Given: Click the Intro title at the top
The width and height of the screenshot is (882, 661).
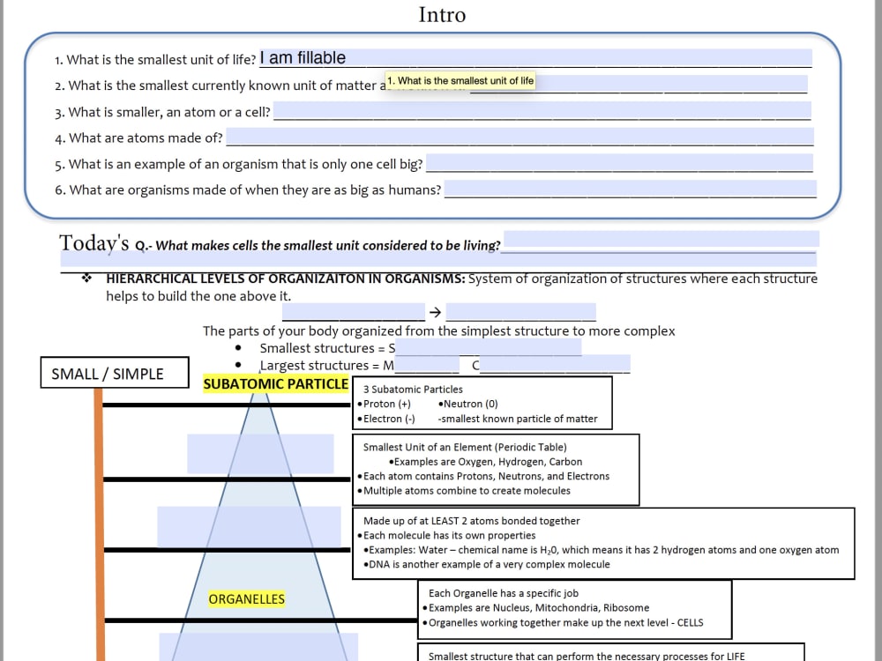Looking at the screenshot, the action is click(442, 15).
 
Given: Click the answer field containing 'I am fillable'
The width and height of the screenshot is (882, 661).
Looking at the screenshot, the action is click(535, 58).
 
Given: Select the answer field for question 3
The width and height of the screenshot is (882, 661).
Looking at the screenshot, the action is click(542, 111).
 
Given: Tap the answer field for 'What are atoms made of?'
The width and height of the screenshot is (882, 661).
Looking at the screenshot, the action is click(519, 137).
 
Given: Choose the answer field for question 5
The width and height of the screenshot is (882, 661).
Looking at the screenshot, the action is click(619, 163).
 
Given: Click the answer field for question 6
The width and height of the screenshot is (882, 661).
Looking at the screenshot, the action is click(631, 189).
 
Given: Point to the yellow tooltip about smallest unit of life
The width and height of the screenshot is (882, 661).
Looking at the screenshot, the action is click(460, 80).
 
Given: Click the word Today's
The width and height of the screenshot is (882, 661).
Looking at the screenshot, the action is click(94, 243).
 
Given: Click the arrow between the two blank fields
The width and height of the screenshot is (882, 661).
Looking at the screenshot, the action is click(436, 312).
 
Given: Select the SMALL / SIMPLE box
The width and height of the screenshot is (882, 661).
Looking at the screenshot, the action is click(115, 373).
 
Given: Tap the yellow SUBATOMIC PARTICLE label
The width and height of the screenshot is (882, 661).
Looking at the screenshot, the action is click(275, 384).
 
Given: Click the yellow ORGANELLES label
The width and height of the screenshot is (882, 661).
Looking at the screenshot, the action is click(246, 599).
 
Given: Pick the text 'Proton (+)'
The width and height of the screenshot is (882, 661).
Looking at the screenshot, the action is click(387, 404).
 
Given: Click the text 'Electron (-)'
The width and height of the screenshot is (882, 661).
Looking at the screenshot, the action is click(389, 419).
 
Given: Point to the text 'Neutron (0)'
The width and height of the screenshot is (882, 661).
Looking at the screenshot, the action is click(471, 404).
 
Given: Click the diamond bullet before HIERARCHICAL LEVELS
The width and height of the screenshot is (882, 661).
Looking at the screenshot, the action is click(86, 279).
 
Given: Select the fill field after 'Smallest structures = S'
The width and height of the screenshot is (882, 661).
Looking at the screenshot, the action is click(489, 347).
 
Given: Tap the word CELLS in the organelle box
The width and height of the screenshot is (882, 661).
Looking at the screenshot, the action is click(691, 622).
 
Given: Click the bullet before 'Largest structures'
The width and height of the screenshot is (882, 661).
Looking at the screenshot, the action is click(238, 365).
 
